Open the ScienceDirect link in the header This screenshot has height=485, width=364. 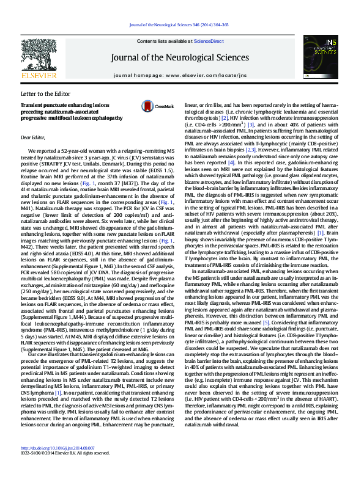[209, 40]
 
